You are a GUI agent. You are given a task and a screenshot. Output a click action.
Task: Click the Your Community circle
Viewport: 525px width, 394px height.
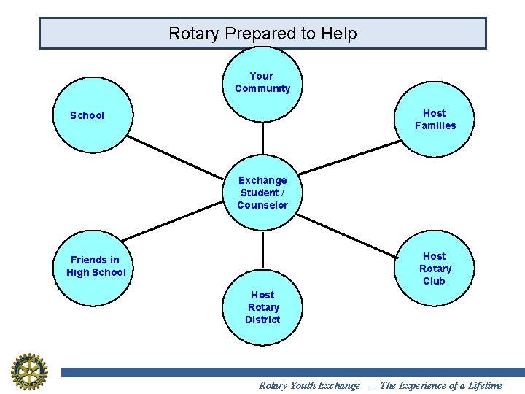(x=262, y=83)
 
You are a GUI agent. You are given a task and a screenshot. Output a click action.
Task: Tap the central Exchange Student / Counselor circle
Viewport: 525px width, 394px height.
(x=262, y=193)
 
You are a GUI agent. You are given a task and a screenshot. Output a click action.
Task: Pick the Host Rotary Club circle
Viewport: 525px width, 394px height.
(x=435, y=268)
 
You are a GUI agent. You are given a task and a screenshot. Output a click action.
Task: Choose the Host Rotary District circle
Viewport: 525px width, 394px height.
(x=262, y=307)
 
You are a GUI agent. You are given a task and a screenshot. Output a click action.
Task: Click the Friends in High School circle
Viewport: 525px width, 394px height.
(x=96, y=266)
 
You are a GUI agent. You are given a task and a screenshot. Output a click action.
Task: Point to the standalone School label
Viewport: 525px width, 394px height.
(x=87, y=115)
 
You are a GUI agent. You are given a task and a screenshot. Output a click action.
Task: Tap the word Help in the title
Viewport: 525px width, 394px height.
(x=341, y=34)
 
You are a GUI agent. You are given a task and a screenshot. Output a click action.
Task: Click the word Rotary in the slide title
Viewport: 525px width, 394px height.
(x=195, y=34)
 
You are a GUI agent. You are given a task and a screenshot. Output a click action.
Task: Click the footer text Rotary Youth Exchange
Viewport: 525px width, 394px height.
(x=309, y=385)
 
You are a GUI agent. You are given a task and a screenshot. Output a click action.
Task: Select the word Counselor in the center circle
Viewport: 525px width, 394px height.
(x=262, y=205)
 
